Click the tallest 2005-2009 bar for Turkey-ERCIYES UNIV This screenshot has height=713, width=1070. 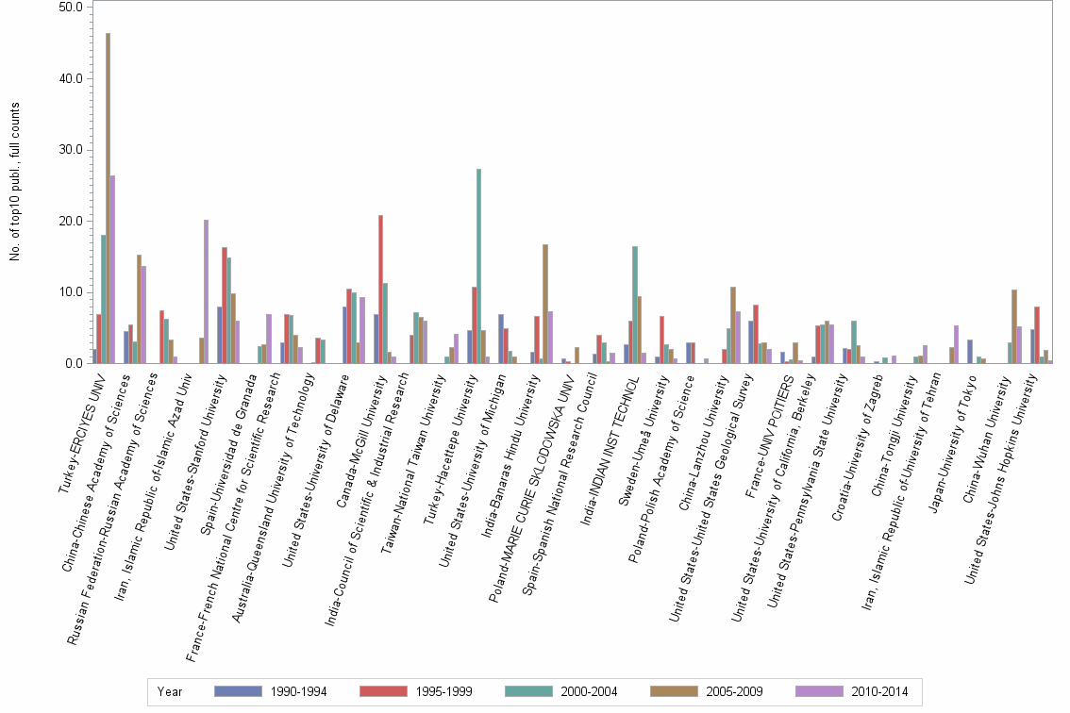tap(108, 198)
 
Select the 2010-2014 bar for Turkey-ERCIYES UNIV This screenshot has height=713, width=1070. tap(112, 269)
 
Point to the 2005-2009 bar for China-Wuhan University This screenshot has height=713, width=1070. tap(1014, 326)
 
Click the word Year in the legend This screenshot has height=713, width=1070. tap(171, 692)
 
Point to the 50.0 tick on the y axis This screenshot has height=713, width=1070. tap(73, 7)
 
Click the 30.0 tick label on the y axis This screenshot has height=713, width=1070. tap(73, 150)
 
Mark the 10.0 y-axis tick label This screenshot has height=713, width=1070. tap(73, 292)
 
